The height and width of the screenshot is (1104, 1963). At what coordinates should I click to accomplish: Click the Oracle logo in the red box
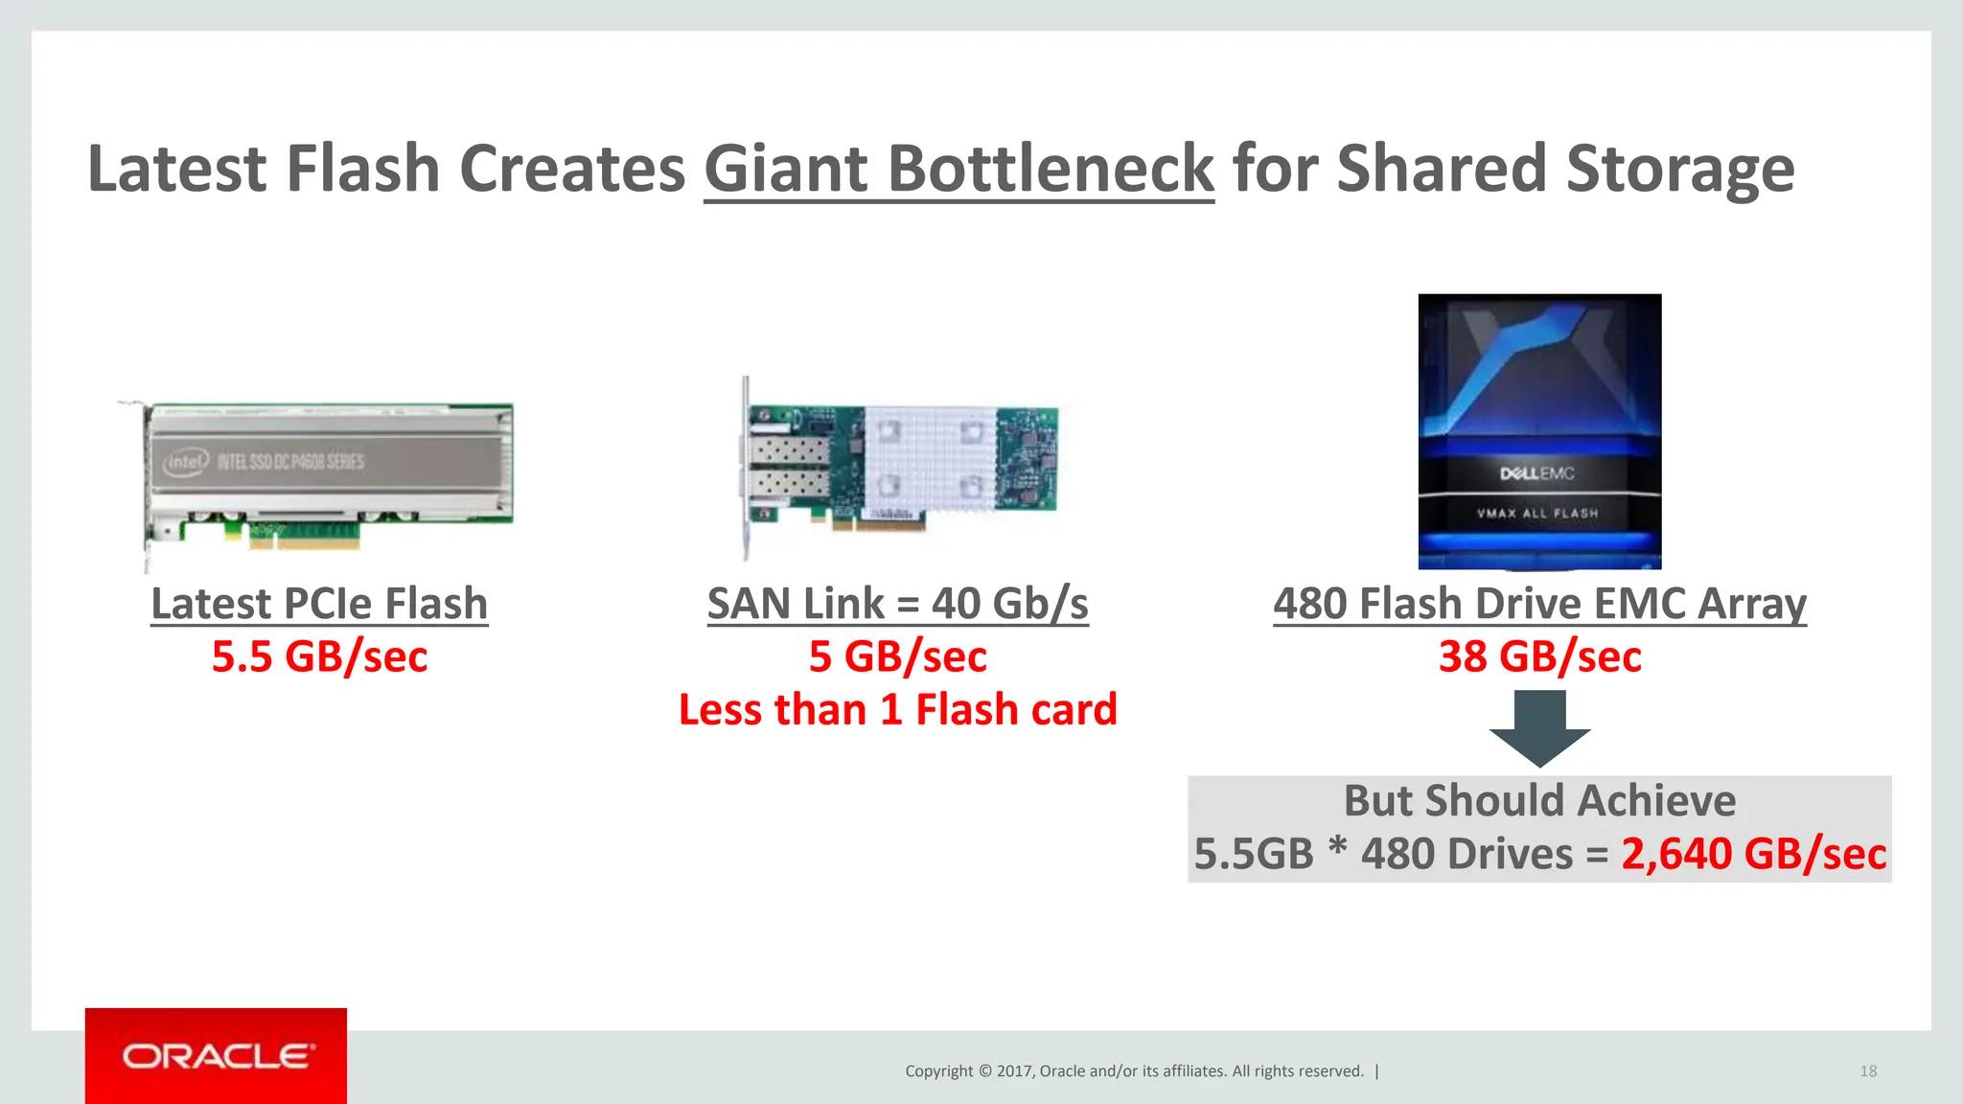pyautogui.click(x=217, y=1056)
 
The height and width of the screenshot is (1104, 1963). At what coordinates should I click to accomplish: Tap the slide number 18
pyautogui.click(x=1868, y=1071)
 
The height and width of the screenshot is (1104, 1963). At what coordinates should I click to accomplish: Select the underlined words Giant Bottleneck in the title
pyautogui.click(x=958, y=169)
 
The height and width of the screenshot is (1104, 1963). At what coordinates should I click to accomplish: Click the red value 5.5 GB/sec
pyautogui.click(x=319, y=657)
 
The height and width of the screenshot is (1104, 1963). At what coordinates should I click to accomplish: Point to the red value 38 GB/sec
pyautogui.click(x=1539, y=657)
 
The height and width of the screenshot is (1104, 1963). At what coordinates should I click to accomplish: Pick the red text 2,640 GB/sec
pyautogui.click(x=1753, y=854)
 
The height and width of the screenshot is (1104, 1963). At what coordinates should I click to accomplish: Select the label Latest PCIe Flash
pyautogui.click(x=319, y=604)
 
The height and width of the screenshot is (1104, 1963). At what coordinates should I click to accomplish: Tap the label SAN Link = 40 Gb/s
pyautogui.click(x=897, y=604)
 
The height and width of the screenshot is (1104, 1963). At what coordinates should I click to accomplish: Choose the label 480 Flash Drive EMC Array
pyautogui.click(x=1539, y=604)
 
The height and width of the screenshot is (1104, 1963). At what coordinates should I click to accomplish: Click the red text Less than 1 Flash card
pyautogui.click(x=897, y=710)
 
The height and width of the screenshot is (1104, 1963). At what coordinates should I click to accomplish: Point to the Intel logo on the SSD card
pyautogui.click(x=185, y=463)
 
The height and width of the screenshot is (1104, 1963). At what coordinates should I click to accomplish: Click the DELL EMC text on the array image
pyautogui.click(x=1536, y=473)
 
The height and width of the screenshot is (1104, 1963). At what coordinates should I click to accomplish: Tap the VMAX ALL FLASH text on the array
pyautogui.click(x=1537, y=513)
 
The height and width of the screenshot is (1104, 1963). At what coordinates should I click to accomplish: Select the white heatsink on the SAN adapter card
pyautogui.click(x=929, y=458)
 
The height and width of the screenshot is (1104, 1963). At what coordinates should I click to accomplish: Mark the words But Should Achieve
pyautogui.click(x=1539, y=801)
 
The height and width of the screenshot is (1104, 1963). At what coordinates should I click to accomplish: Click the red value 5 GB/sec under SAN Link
pyautogui.click(x=897, y=657)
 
